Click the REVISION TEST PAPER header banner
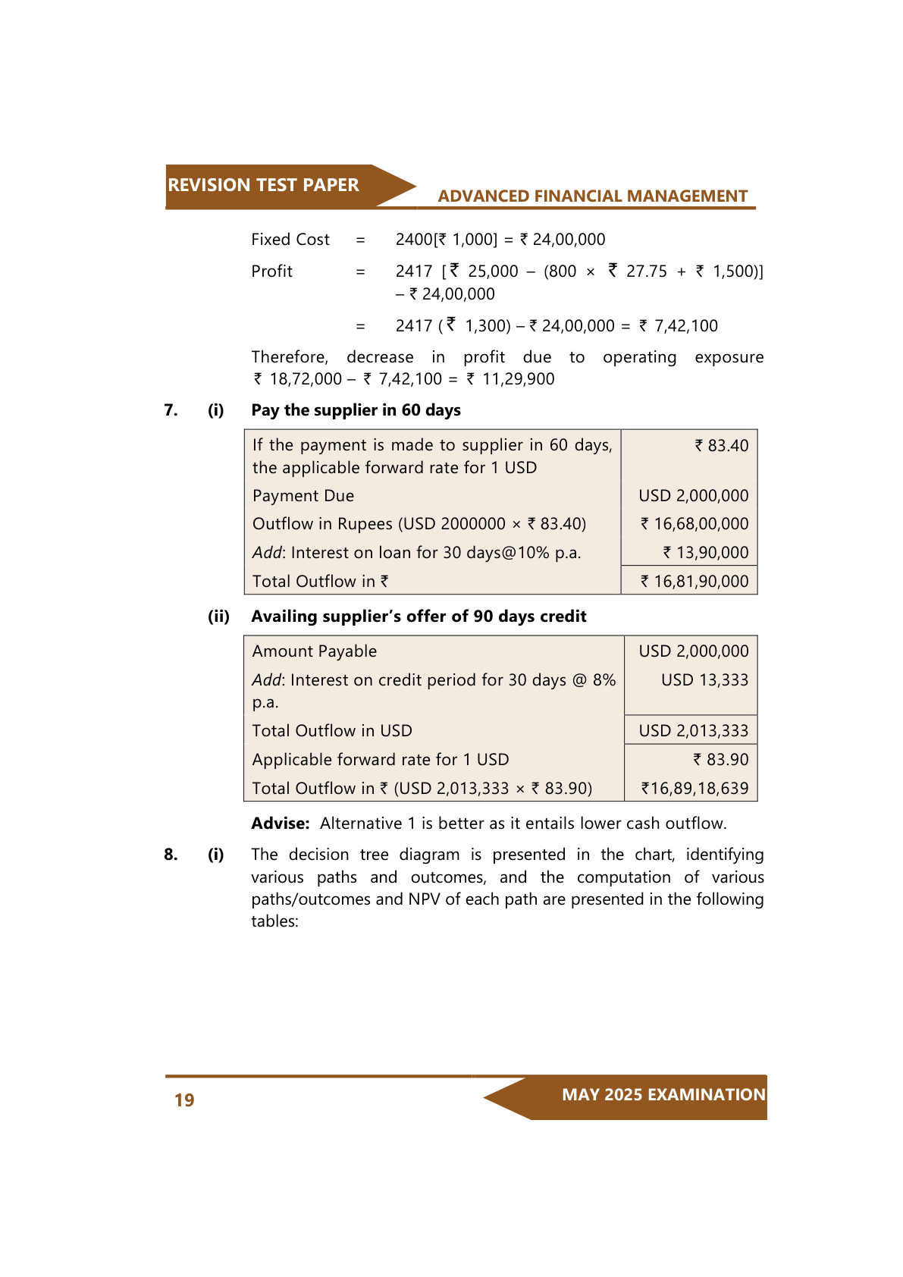point(264,185)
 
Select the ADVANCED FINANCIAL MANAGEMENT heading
point(592,196)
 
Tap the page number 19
point(184,1100)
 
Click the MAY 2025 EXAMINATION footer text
point(663,1095)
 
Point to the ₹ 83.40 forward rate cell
point(722,446)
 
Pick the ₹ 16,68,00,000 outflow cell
point(694,524)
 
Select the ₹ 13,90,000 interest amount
point(706,553)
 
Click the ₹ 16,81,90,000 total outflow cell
point(694,582)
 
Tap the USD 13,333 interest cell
point(704,680)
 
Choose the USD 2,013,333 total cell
point(693,731)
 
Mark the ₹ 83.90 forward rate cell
point(721,760)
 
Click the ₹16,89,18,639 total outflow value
point(694,789)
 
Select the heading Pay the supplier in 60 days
point(356,410)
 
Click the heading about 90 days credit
point(419,617)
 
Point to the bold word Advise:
point(281,824)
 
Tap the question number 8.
point(171,855)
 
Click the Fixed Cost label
point(290,240)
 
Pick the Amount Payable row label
point(315,651)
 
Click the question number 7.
point(171,410)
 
